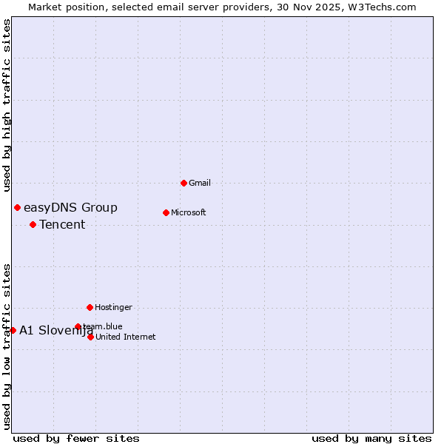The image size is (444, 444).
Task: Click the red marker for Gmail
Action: click(184, 183)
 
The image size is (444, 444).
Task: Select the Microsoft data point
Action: click(166, 212)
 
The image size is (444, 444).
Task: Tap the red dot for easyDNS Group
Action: click(17, 208)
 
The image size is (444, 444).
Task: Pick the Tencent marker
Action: click(33, 224)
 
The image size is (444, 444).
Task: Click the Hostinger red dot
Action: click(90, 307)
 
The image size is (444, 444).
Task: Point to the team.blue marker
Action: click(78, 326)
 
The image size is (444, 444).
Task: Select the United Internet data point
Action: click(90, 337)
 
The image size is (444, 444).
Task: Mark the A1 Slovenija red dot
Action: click(13, 330)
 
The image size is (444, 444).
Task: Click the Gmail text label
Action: click(200, 183)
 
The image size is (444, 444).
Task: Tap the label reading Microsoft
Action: click(188, 212)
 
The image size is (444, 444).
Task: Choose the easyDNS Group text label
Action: click(70, 208)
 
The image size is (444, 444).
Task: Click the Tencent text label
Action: click(62, 225)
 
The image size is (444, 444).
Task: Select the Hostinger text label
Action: click(113, 307)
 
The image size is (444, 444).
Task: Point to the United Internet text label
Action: click(125, 337)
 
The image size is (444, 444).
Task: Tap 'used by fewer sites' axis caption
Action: click(76, 438)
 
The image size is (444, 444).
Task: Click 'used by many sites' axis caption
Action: click(371, 438)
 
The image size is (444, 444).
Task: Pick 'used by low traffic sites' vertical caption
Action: click(7, 346)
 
